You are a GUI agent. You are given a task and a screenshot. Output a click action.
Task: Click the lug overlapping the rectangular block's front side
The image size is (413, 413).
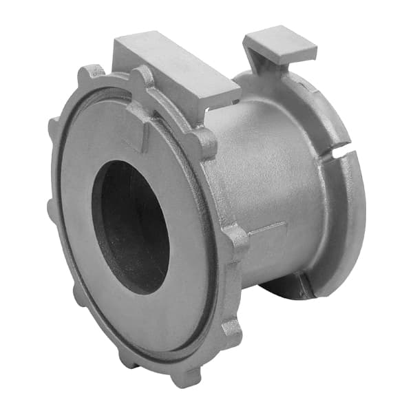coord(143,77)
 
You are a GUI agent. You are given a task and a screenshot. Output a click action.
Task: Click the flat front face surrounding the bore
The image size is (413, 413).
coord(89,275)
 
